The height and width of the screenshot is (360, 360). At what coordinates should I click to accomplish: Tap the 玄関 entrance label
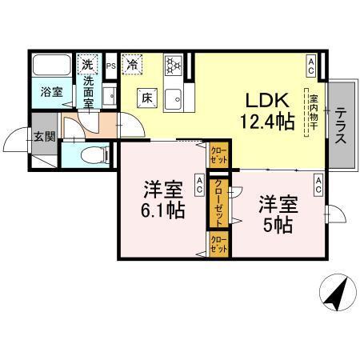tap(44, 137)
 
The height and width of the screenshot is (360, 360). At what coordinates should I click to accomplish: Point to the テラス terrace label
tap(340, 124)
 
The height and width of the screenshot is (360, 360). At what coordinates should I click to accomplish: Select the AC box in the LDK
tap(310, 60)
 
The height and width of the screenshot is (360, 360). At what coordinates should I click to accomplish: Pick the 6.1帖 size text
tap(164, 211)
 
